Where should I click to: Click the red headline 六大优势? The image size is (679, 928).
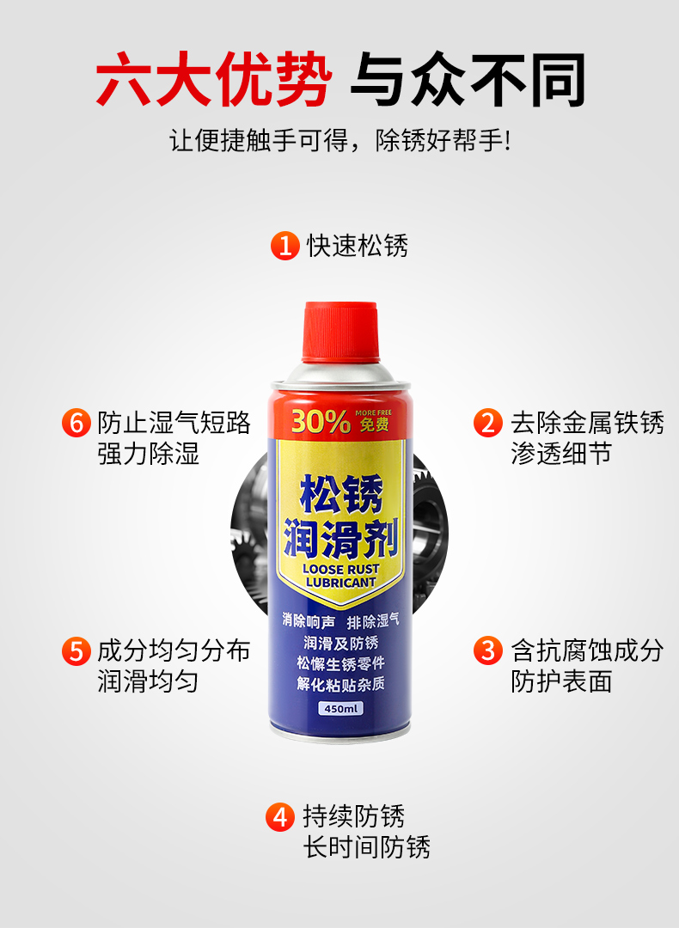(214, 79)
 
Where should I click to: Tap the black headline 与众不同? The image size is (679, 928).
(468, 79)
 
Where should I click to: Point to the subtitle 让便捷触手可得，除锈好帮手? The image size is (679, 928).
(339, 141)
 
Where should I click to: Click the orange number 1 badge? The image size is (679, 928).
(285, 245)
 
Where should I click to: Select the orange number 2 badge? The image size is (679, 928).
(488, 423)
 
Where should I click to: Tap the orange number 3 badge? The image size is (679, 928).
(488, 650)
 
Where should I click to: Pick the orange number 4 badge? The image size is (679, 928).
(280, 817)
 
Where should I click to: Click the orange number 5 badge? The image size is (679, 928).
(76, 650)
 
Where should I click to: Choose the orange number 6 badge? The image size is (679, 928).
(76, 423)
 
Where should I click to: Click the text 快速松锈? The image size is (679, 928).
(358, 246)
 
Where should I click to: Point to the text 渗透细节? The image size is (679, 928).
(561, 455)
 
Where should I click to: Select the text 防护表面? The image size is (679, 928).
(561, 681)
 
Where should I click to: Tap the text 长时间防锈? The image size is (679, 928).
(366, 847)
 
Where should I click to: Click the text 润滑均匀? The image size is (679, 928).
(148, 681)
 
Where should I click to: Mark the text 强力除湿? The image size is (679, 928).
(148, 455)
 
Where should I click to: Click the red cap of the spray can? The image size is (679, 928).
(340, 332)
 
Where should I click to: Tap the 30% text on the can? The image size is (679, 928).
(321, 422)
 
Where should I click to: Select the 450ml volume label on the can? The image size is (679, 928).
(341, 708)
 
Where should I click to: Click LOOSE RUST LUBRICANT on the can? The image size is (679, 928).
(340, 576)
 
